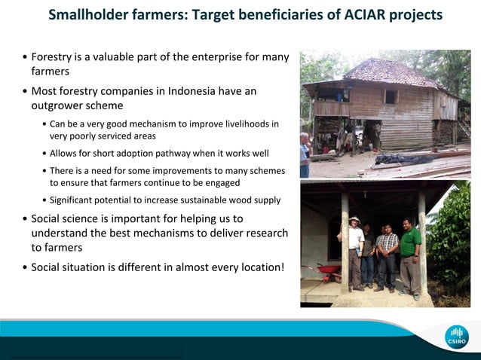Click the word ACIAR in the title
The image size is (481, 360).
(347, 15)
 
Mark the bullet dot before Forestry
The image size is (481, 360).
(25, 57)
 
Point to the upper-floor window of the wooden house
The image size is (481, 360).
(391, 96)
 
